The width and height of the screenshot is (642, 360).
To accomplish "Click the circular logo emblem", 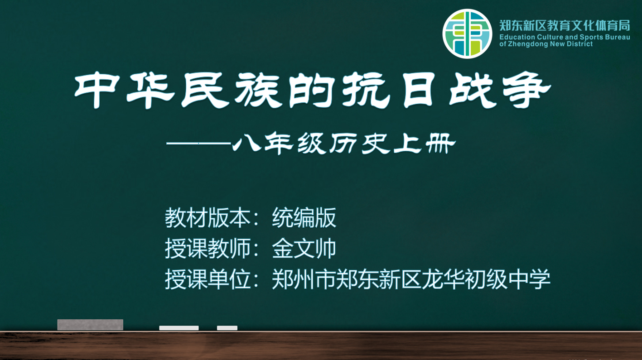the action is point(467,34).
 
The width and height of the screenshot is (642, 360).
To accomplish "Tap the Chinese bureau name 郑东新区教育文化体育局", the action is point(565,26).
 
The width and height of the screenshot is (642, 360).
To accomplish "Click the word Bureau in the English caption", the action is point(618,37).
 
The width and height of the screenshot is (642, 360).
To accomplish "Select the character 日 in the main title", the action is point(419,90).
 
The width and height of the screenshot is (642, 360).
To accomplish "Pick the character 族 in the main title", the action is point(257,90).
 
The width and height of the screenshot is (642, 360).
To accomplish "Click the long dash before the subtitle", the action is point(198,143).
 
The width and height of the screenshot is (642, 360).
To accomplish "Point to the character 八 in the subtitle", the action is point(246,142).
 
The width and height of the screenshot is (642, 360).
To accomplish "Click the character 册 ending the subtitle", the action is point(440,143).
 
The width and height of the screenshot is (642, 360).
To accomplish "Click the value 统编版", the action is point(304,218).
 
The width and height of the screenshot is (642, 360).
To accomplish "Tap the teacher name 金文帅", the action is point(304,249).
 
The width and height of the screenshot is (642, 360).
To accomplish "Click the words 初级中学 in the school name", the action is point(507,279).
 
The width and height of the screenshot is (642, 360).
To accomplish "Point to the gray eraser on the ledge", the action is point(90,325).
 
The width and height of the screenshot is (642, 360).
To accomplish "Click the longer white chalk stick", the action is point(179,328).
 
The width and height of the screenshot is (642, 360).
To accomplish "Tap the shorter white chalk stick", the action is point(227,328).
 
